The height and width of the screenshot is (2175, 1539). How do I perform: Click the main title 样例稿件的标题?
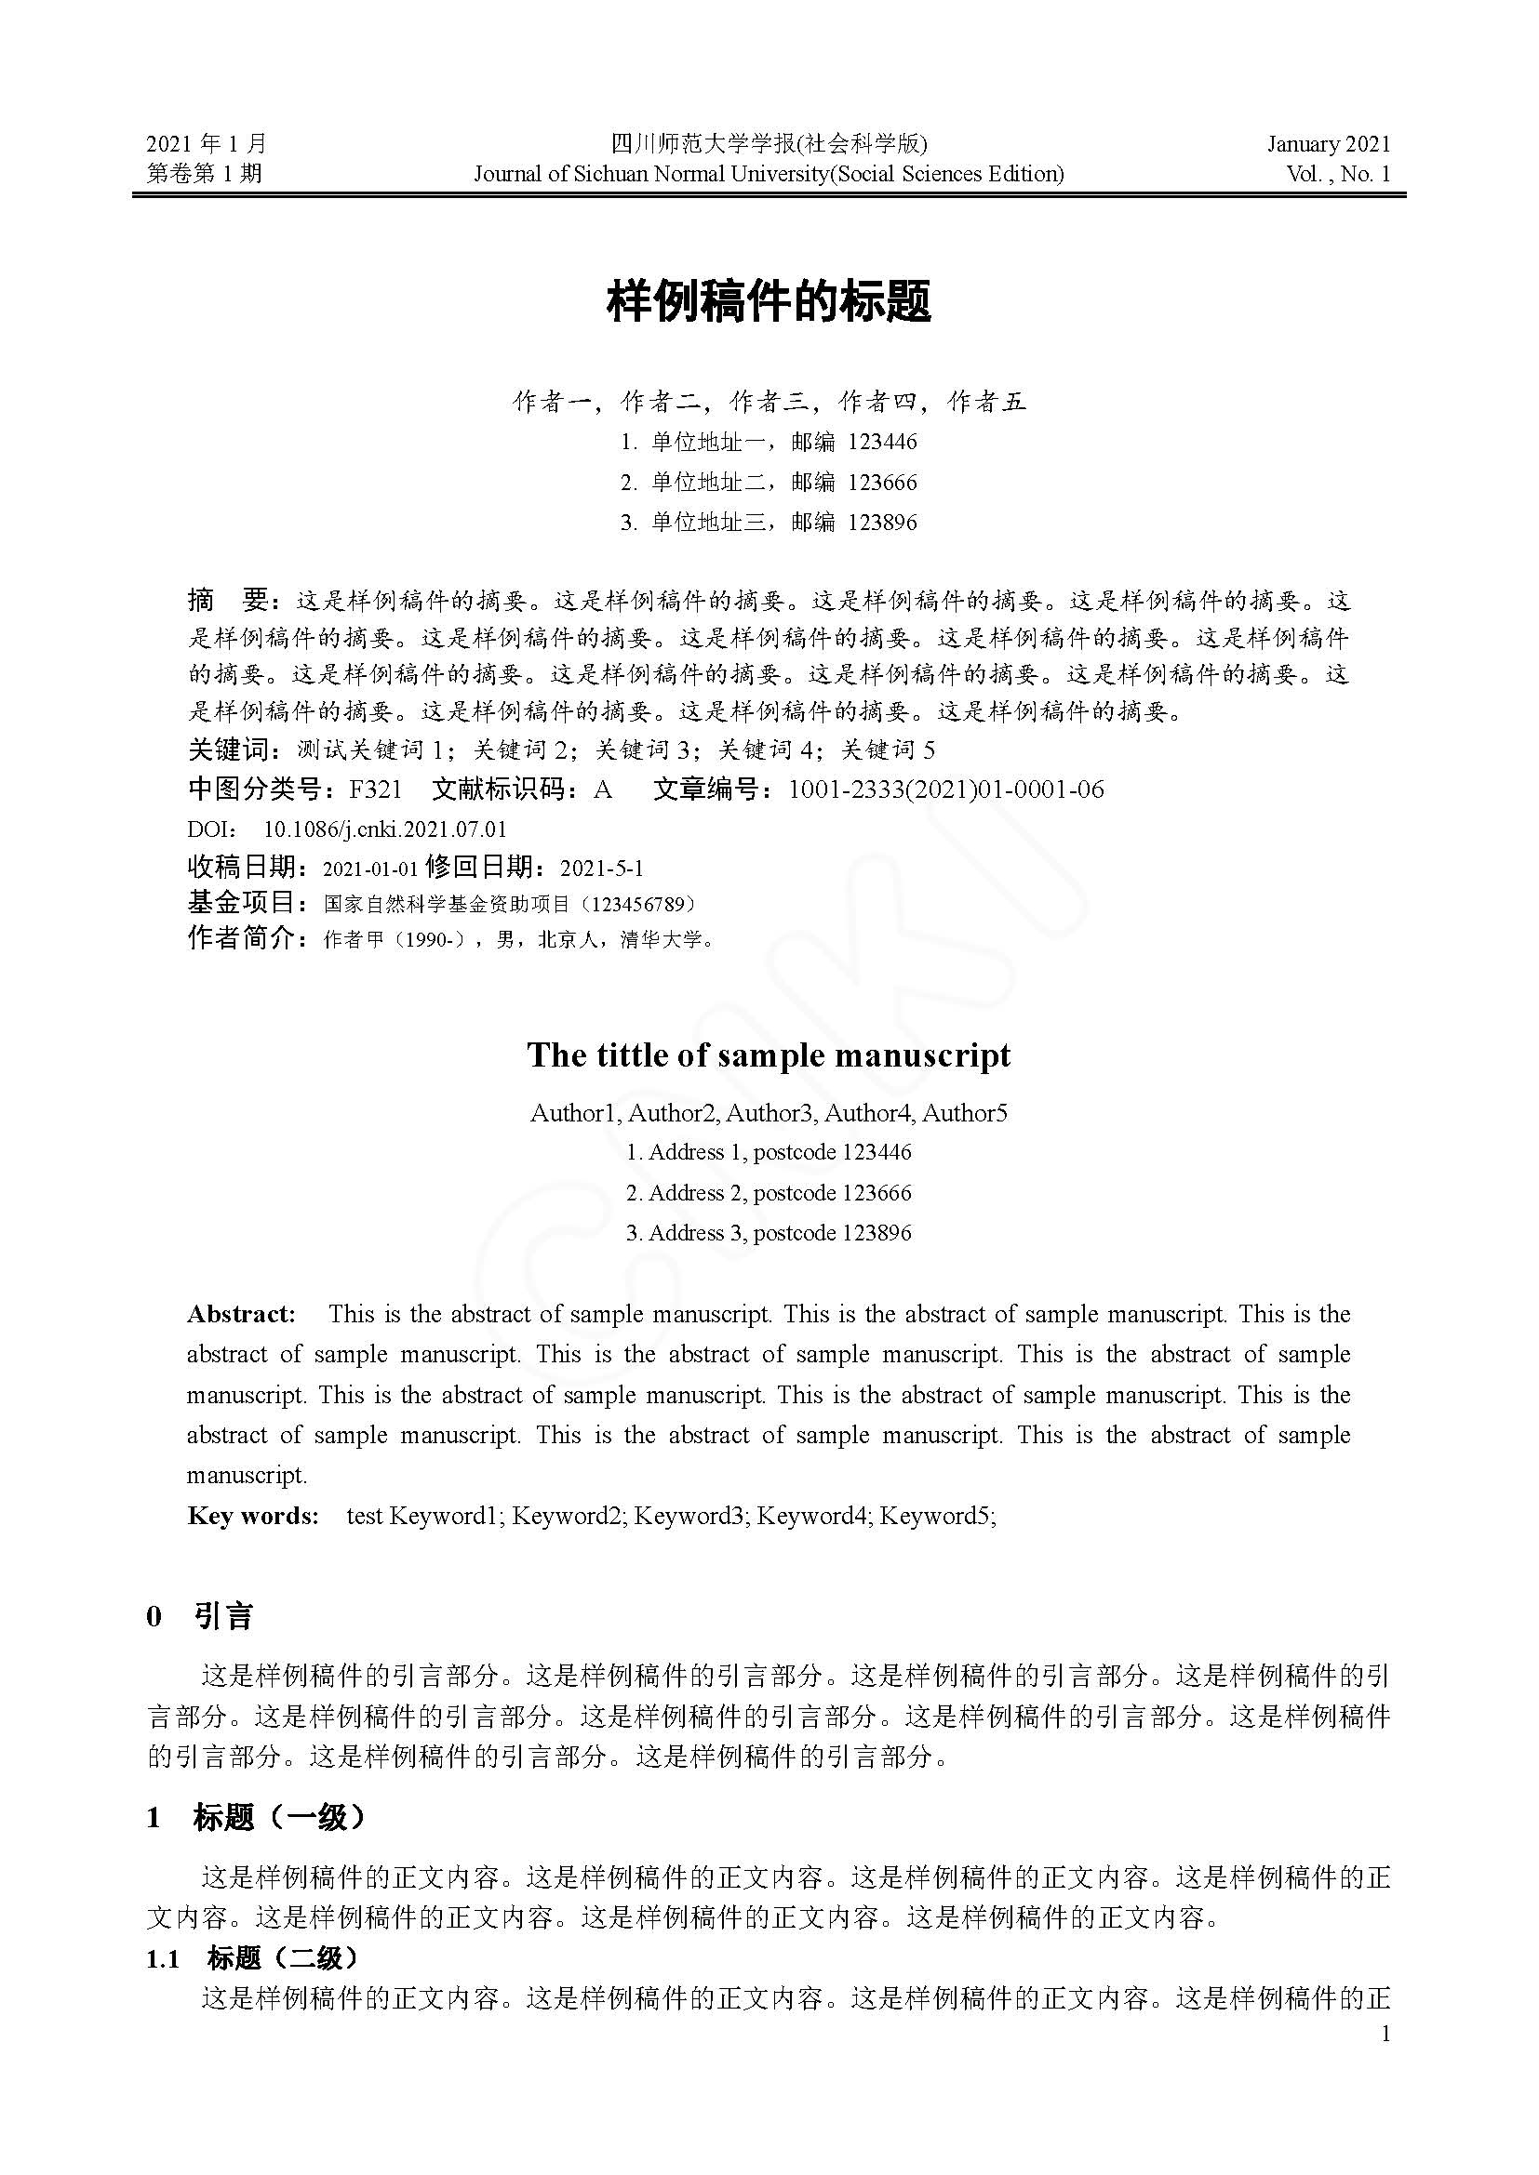click(x=769, y=302)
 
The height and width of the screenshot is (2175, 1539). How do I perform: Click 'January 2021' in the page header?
click(x=1329, y=144)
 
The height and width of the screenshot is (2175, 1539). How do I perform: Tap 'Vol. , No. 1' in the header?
click(x=1338, y=173)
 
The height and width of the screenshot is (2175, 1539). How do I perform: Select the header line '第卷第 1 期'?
click(x=205, y=173)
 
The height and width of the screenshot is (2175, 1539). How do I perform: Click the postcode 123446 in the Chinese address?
click(x=882, y=443)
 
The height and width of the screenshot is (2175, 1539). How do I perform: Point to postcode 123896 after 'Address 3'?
click(x=877, y=1232)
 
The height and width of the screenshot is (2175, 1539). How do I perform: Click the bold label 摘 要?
click(x=232, y=601)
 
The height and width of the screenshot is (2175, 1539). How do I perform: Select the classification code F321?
click(x=375, y=789)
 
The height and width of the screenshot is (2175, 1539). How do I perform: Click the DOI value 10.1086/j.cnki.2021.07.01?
click(x=385, y=829)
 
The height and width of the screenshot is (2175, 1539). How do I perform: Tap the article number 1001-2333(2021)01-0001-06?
click(x=945, y=789)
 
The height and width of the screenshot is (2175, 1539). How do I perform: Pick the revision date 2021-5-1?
click(x=602, y=868)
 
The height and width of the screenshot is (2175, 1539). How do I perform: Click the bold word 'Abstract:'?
click(x=242, y=1314)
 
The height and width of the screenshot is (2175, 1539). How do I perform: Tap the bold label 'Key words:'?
click(x=253, y=1516)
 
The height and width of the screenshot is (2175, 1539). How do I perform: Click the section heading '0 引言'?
click(x=200, y=1617)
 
